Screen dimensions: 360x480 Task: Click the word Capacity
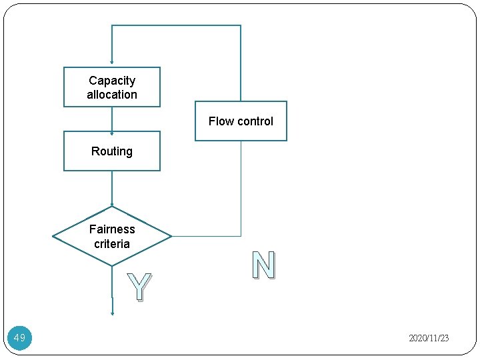(112, 81)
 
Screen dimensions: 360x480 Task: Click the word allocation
(112, 95)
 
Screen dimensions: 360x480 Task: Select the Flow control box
(241, 121)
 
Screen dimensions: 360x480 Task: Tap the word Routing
(112, 151)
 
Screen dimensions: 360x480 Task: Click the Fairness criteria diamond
(112, 236)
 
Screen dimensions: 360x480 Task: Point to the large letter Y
(138, 287)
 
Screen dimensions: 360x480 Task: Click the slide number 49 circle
(20, 338)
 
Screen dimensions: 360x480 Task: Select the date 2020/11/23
(429, 339)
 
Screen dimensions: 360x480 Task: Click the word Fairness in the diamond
(112, 229)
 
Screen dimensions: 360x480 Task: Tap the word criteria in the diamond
(112, 244)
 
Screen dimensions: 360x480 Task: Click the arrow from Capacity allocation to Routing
(112, 119)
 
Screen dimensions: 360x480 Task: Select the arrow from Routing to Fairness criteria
(112, 188)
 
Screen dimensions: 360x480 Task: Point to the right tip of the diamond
(171, 236)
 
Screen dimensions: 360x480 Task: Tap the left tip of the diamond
(53, 236)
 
